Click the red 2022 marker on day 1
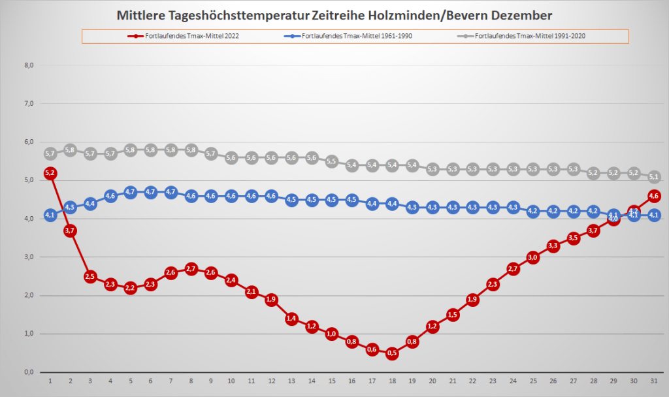[x=50, y=173]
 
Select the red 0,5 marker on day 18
[x=392, y=353]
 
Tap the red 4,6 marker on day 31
[x=654, y=196]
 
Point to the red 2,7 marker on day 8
[x=191, y=268]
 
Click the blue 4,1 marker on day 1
[x=50, y=215]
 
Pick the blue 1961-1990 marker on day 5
[x=131, y=192]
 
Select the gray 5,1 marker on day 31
[x=654, y=176]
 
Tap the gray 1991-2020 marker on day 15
[x=332, y=161]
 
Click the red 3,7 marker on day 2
[x=71, y=230]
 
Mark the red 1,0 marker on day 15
[x=332, y=334]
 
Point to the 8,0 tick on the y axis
[x=29, y=65]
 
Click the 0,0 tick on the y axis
[x=29, y=372]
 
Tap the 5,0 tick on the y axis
[x=29, y=180]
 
